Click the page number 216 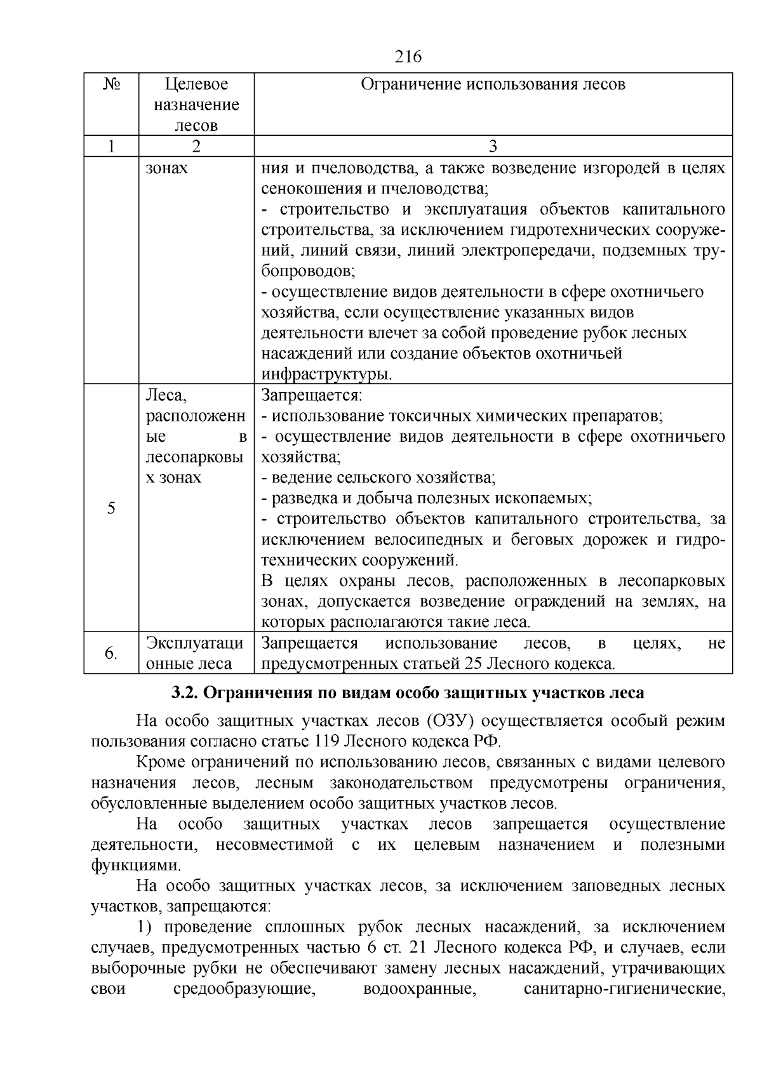408,57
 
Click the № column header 111,84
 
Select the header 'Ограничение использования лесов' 493,84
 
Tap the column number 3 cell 493,147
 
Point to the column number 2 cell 196,147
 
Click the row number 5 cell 111,508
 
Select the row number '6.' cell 111,653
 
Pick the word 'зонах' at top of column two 167,168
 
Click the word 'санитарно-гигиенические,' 625,989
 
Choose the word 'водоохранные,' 420,989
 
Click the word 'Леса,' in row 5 166,395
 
